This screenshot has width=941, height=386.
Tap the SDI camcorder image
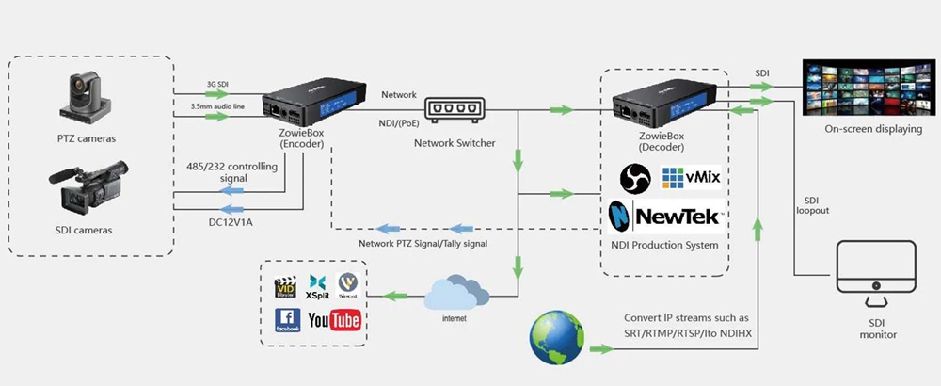[x=87, y=192]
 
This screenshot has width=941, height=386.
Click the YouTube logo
[x=334, y=320]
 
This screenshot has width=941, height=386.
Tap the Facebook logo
[x=287, y=321]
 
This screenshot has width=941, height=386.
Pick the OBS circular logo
[x=635, y=178]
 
